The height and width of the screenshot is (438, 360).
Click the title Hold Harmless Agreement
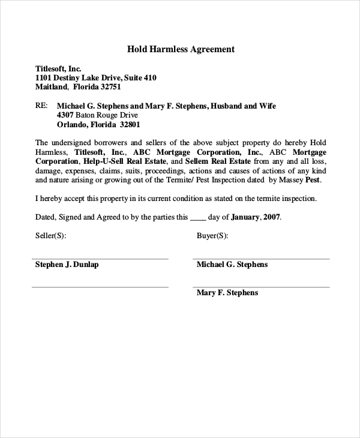click(x=180, y=49)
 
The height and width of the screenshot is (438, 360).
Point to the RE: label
click(x=41, y=106)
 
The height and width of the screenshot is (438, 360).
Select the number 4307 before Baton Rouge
click(x=65, y=115)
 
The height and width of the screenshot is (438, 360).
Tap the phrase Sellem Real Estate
click(x=218, y=161)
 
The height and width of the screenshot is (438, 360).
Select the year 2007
click(x=271, y=217)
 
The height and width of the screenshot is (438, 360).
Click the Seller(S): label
click(x=51, y=236)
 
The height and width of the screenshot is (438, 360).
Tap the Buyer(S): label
click(x=212, y=236)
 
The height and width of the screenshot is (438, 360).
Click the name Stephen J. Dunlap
click(x=67, y=265)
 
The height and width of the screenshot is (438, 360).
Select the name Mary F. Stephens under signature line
click(x=227, y=293)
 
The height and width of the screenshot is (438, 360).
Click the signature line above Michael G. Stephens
click(x=261, y=259)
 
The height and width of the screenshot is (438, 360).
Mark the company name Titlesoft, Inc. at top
click(x=58, y=68)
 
